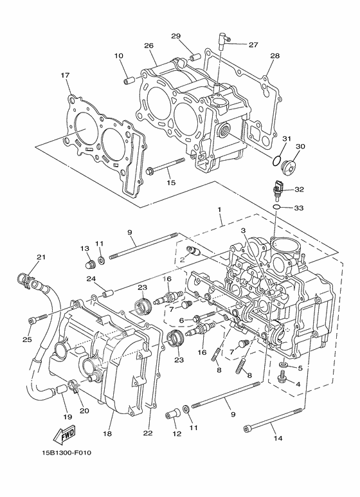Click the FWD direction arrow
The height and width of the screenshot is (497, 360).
click(x=66, y=437)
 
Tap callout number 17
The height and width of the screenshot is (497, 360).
click(x=65, y=75)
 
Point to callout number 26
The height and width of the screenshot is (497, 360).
click(x=148, y=46)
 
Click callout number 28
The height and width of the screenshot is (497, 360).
click(x=274, y=56)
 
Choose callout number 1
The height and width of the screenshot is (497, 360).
click(x=219, y=210)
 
